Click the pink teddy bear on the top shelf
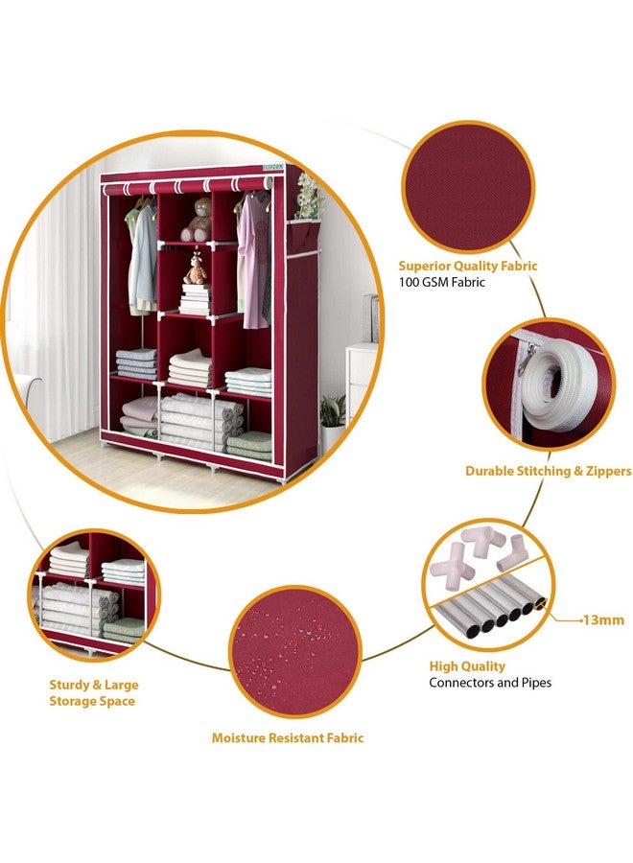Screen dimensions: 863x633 pyautogui.click(x=198, y=220)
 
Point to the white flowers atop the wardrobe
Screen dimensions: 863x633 pyautogui.click(x=308, y=196)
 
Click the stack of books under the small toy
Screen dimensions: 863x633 pyautogui.click(x=196, y=299)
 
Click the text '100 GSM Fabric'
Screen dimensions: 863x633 pyautogui.click(x=444, y=283)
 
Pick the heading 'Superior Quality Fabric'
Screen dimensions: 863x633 pyautogui.click(x=468, y=266)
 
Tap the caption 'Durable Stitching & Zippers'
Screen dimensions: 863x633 pyautogui.click(x=548, y=471)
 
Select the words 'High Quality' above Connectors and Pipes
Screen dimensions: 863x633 pyautogui.click(x=467, y=665)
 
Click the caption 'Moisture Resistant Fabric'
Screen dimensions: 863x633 pyautogui.click(x=288, y=737)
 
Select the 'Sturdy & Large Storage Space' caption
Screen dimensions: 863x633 pyautogui.click(x=93, y=692)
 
